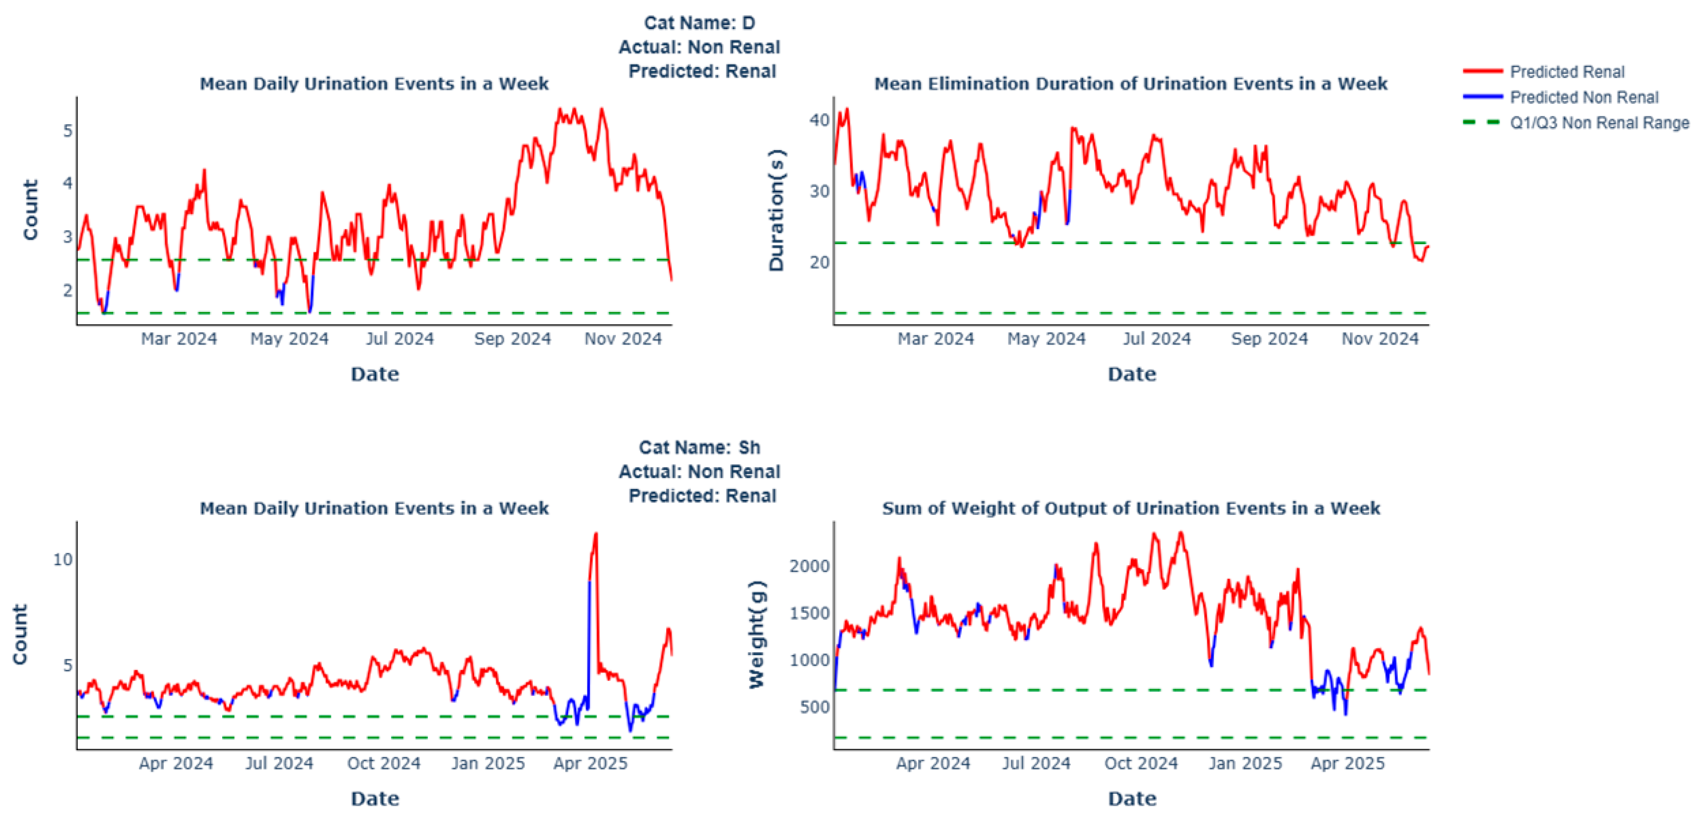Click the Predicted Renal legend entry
click(1544, 71)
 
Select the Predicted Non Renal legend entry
click(1560, 97)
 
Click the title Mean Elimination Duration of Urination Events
click(1131, 84)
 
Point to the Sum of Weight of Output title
click(1131, 508)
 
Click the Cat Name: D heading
click(700, 23)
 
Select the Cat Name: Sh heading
click(700, 448)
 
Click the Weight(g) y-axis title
click(756, 635)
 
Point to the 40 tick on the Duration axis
click(819, 120)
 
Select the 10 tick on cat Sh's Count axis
click(63, 559)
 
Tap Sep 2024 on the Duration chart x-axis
click(1269, 339)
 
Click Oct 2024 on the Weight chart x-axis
click(1141, 764)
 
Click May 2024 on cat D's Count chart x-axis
click(289, 339)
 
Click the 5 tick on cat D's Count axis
click(68, 131)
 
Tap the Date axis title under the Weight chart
click(1132, 799)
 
